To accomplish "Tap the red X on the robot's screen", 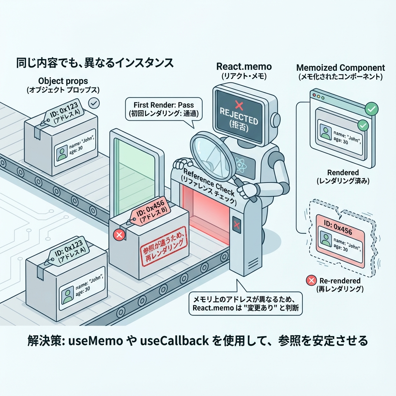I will pos(239,103).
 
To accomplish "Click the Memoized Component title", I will pos(340,68).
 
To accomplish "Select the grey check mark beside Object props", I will pos(94,103).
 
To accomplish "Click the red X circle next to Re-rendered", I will pos(310,281).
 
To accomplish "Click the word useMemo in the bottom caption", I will pos(94,341).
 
